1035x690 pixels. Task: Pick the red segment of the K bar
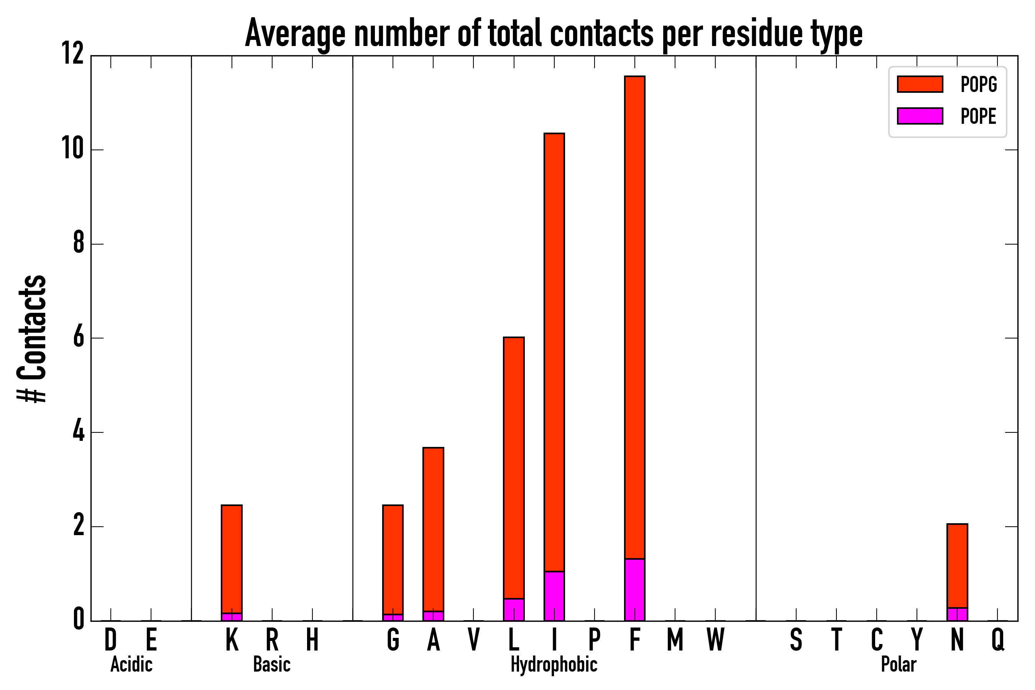(232, 559)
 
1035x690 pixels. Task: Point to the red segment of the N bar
(957, 566)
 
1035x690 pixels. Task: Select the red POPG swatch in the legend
(920, 84)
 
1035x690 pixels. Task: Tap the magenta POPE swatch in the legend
(920, 116)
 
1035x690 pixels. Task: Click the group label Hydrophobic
(554, 665)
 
